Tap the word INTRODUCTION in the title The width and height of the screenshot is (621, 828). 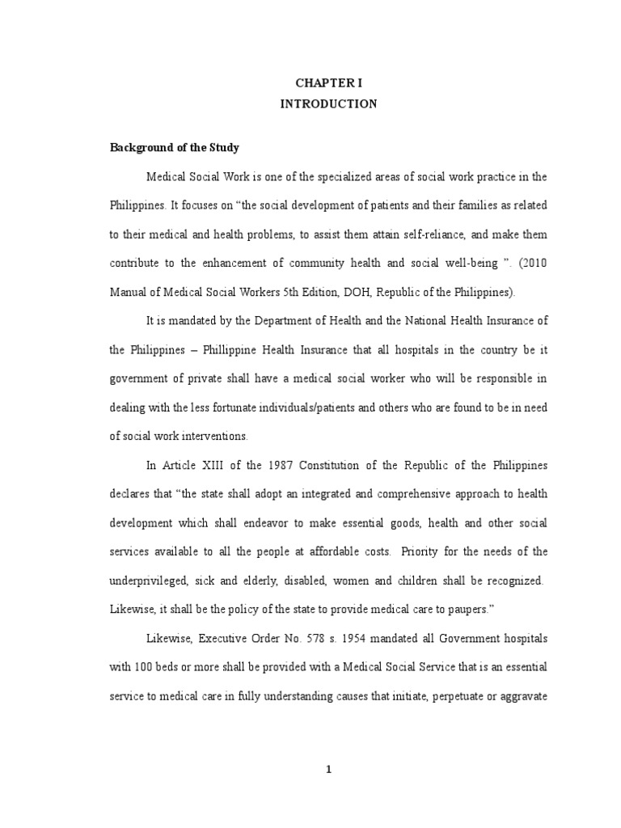pos(328,104)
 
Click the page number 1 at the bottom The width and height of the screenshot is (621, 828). pos(328,769)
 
